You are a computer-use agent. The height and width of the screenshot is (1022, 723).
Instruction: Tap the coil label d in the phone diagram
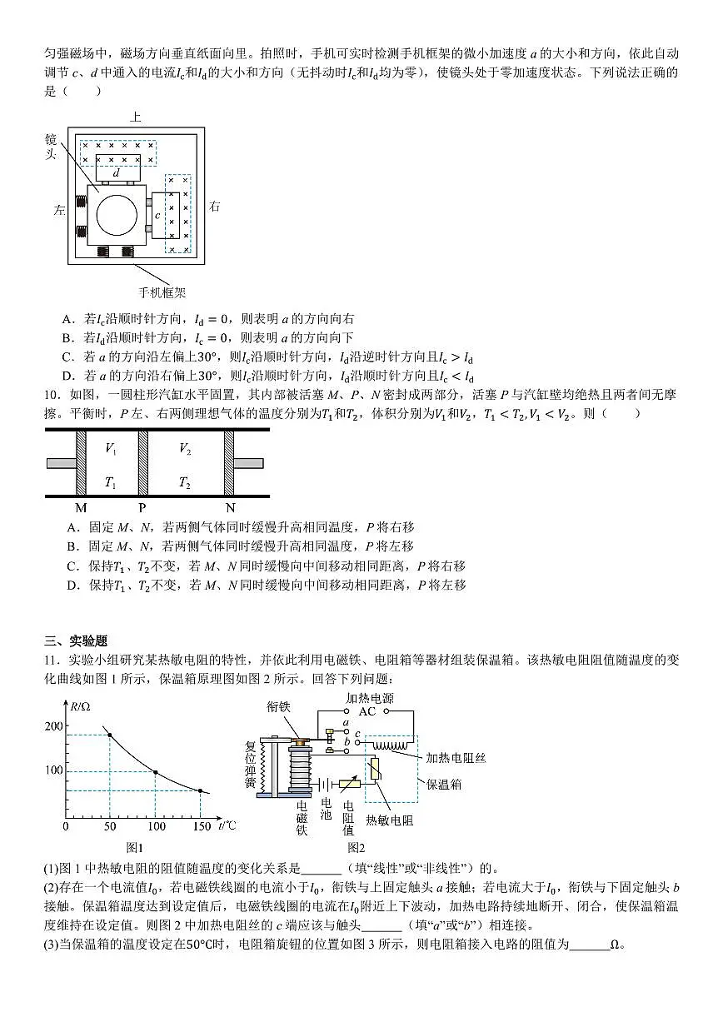(116, 173)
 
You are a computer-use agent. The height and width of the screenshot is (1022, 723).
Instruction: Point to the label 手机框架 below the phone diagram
(162, 292)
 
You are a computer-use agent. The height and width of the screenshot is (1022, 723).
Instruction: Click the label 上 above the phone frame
(136, 117)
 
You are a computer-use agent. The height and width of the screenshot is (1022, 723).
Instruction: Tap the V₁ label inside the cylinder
(111, 449)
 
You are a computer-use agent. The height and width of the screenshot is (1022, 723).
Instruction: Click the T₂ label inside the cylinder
(185, 482)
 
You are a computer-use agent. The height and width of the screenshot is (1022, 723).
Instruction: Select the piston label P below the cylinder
(142, 506)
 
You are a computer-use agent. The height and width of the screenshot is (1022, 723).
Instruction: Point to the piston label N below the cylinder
(231, 506)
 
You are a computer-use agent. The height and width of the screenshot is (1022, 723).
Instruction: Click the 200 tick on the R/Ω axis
(53, 726)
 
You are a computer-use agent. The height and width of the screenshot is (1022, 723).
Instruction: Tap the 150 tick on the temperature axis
(201, 826)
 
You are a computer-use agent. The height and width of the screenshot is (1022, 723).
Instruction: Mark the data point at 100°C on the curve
(155, 773)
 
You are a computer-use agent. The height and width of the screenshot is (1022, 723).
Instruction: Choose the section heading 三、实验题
(77, 641)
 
